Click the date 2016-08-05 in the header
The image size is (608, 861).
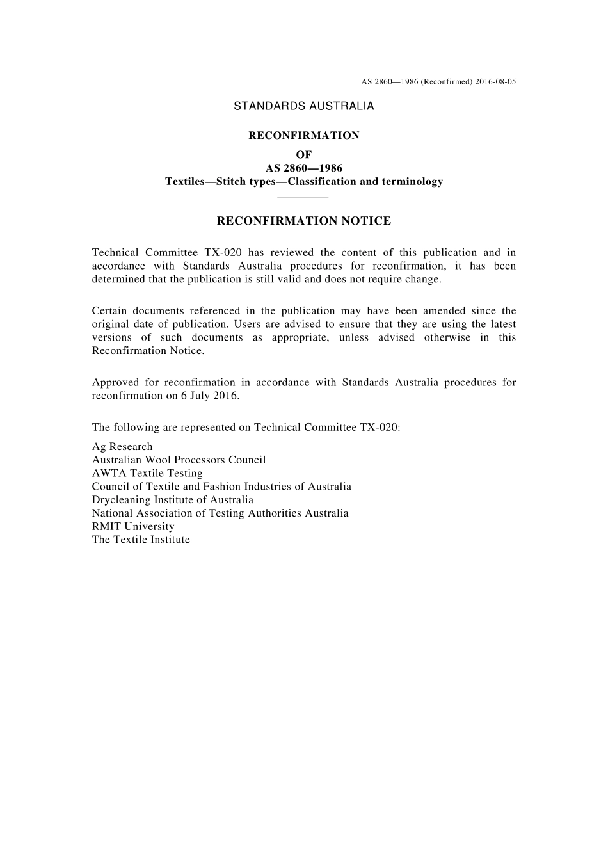pos(496,82)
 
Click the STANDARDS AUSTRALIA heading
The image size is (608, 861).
pos(303,106)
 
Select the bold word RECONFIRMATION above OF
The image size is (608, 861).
pos(303,136)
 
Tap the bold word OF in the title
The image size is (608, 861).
pos(303,155)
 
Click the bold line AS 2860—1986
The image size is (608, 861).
pos(303,168)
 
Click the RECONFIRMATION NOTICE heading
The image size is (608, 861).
pos(303,221)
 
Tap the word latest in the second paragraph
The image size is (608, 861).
pos(503,325)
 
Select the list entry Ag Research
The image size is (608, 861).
pos(122,447)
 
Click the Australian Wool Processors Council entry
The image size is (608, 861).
pos(179,460)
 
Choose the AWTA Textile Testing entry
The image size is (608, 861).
pos(147,474)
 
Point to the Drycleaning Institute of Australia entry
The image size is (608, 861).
pos(173,500)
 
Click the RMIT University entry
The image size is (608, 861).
pos(133,527)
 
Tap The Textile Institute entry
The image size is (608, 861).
pos(141,540)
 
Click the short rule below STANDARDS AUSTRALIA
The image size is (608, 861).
pos(303,122)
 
